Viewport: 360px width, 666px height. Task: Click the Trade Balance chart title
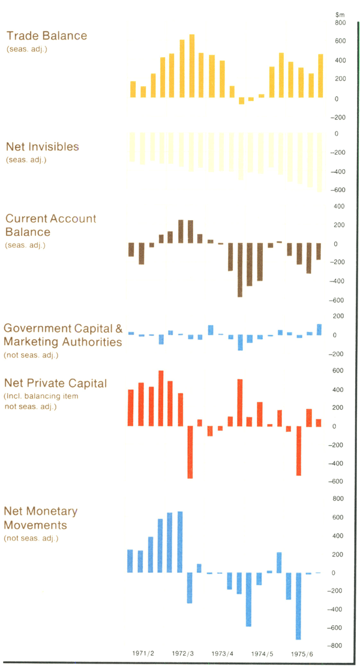point(47,36)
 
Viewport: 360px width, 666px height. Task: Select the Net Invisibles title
point(43,147)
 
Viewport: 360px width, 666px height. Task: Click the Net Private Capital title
point(55,383)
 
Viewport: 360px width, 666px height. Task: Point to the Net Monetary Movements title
point(41,518)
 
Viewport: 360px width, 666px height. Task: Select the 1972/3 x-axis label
point(183,653)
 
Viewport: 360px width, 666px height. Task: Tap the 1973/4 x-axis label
point(223,653)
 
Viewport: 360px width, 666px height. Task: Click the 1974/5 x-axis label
point(262,653)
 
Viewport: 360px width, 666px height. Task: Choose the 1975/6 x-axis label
point(302,653)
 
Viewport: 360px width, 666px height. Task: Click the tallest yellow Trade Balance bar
point(192,66)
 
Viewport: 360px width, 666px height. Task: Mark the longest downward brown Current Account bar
point(240,270)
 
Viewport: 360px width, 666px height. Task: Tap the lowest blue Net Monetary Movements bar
point(298,606)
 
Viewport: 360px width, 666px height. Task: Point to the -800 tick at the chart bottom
point(339,646)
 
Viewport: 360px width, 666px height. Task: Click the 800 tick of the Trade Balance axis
point(340,23)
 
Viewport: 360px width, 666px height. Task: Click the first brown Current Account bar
point(131,250)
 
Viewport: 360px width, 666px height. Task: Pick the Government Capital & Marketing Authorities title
point(63,335)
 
